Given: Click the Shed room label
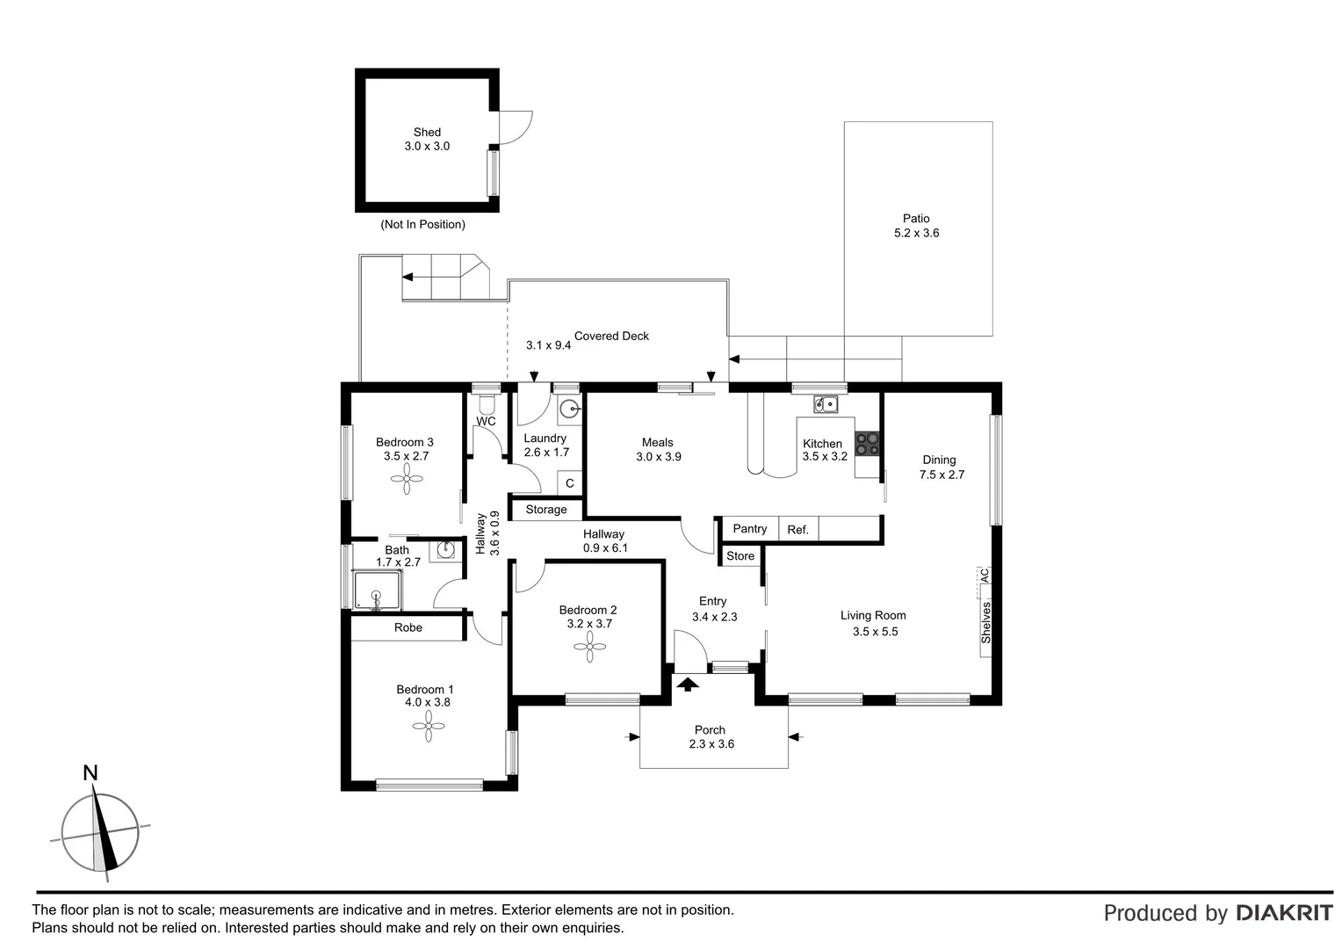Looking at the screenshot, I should [427, 133].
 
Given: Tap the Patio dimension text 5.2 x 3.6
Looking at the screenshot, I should [916, 233].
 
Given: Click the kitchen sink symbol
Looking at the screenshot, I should [825, 404].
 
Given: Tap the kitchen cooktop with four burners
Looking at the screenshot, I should [867, 444].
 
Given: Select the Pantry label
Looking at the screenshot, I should [749, 528].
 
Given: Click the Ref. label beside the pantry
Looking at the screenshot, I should [797, 529].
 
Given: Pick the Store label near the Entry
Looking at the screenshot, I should [740, 555].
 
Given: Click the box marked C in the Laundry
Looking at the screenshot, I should [569, 483].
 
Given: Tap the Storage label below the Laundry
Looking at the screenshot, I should [546, 510].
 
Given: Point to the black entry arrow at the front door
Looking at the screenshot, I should [689, 683].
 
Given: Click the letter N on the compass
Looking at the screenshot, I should [90, 773].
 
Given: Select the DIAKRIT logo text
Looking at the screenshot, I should [1284, 913].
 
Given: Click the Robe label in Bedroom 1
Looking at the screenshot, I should [408, 627].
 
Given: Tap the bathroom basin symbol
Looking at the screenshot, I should [447, 550].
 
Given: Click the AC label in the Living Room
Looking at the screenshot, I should [985, 576].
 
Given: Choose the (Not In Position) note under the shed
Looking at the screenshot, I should [422, 224].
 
